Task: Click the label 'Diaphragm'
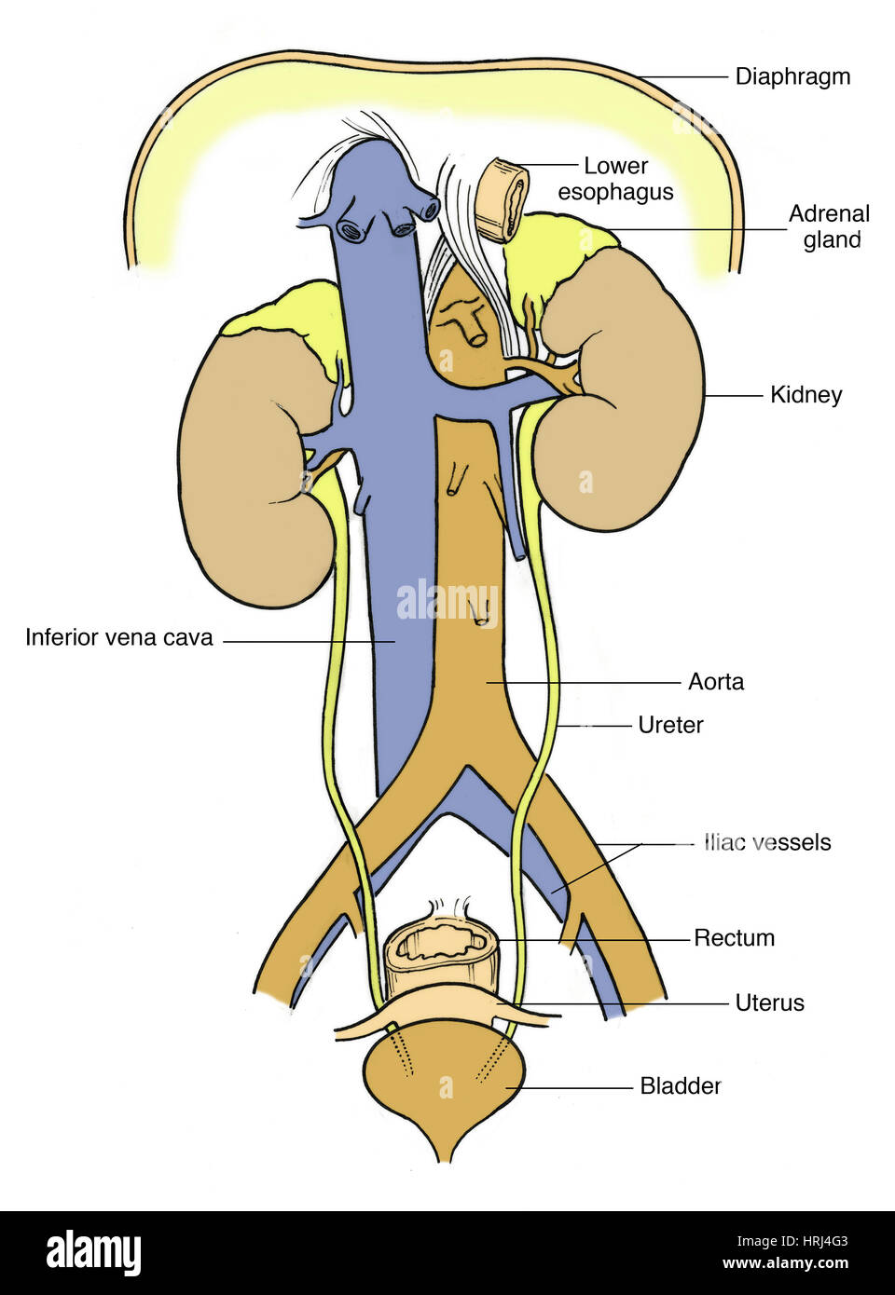click(x=792, y=76)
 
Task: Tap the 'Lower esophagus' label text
click(x=615, y=179)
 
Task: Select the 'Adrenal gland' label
click(x=829, y=226)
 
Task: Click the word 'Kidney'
click(x=805, y=395)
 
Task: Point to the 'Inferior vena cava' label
click(x=119, y=638)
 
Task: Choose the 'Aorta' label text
click(x=716, y=682)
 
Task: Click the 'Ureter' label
click(x=670, y=725)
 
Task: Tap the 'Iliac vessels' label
click(x=767, y=842)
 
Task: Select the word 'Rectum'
click(x=734, y=938)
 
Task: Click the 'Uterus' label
click(x=769, y=1003)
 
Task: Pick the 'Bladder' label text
click(x=680, y=1086)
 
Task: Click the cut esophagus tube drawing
click(x=501, y=200)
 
